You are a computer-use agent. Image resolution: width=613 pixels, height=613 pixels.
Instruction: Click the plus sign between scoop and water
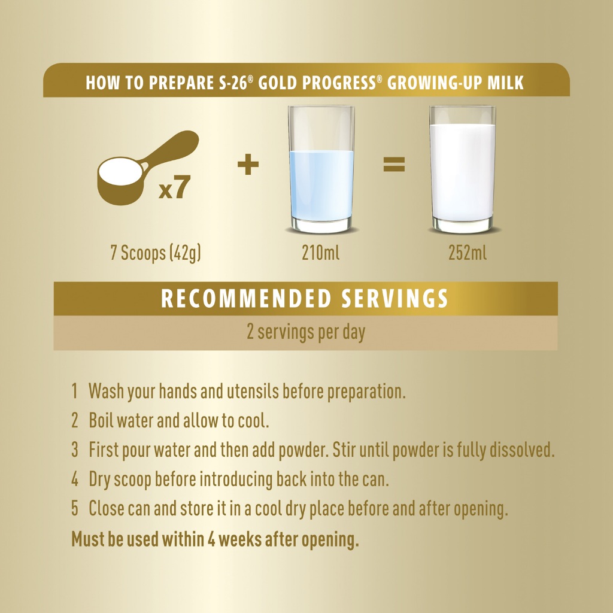(x=248, y=164)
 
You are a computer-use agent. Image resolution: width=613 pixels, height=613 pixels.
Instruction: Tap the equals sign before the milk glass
(x=394, y=164)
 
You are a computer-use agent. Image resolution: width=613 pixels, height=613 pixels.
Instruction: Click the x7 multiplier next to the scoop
(x=174, y=187)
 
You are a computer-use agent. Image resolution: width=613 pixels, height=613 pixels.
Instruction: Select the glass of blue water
(x=321, y=169)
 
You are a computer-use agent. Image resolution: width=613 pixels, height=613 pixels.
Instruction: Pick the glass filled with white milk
(x=463, y=169)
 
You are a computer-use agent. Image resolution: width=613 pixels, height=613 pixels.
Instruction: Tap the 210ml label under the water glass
(x=321, y=253)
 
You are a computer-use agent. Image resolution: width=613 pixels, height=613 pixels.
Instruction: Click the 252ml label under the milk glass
(x=468, y=253)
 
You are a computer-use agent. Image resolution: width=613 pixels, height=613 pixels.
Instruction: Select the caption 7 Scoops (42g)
(x=156, y=253)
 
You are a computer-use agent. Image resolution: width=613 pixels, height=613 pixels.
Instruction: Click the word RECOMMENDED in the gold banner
(x=246, y=299)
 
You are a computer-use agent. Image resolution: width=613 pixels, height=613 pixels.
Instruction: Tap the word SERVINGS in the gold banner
(x=394, y=299)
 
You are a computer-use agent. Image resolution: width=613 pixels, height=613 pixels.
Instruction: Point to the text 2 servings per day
(x=306, y=332)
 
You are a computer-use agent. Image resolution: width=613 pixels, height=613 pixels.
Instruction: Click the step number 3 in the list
(x=75, y=450)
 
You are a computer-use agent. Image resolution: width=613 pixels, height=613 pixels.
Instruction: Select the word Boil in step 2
(x=101, y=420)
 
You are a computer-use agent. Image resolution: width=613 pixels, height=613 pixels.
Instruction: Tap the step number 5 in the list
(x=75, y=508)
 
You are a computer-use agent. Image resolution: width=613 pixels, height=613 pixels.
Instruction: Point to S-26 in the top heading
(x=233, y=83)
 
